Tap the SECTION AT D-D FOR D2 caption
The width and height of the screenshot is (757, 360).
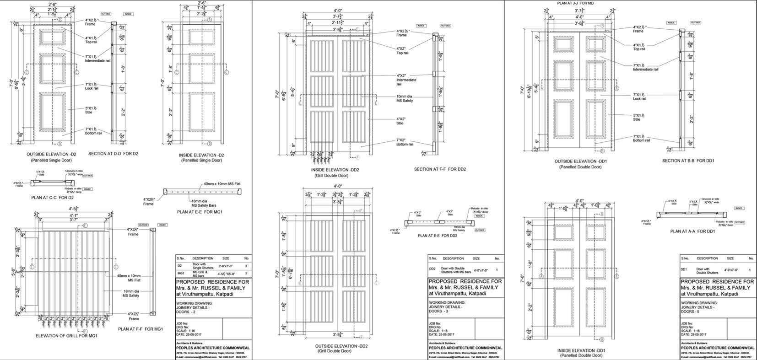113,154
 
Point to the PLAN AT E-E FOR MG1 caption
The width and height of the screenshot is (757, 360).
200,212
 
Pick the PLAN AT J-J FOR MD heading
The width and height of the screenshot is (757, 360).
575,3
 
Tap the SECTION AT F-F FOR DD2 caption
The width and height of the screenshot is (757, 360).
440,169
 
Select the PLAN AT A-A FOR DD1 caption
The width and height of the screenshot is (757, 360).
692,231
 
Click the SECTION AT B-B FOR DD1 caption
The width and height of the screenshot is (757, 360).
688,161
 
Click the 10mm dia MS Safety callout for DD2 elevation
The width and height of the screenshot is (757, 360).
405,99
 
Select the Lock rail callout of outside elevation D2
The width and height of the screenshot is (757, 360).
92,86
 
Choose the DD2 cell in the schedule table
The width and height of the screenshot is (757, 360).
433,269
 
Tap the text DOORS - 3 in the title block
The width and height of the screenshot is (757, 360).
438,311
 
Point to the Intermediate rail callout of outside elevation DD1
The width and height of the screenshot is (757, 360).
645,67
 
